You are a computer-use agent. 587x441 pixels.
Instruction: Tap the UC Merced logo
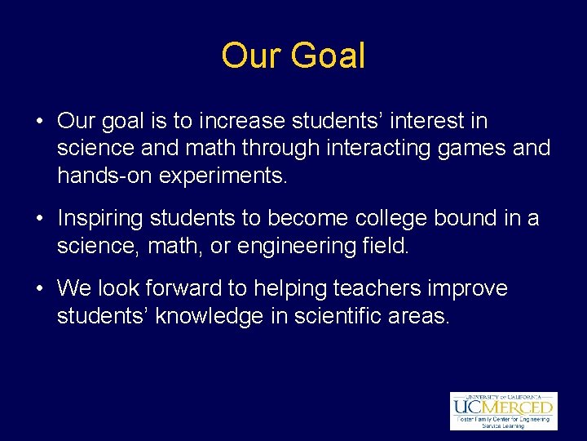503,410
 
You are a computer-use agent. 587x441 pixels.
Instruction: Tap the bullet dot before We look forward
39,289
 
